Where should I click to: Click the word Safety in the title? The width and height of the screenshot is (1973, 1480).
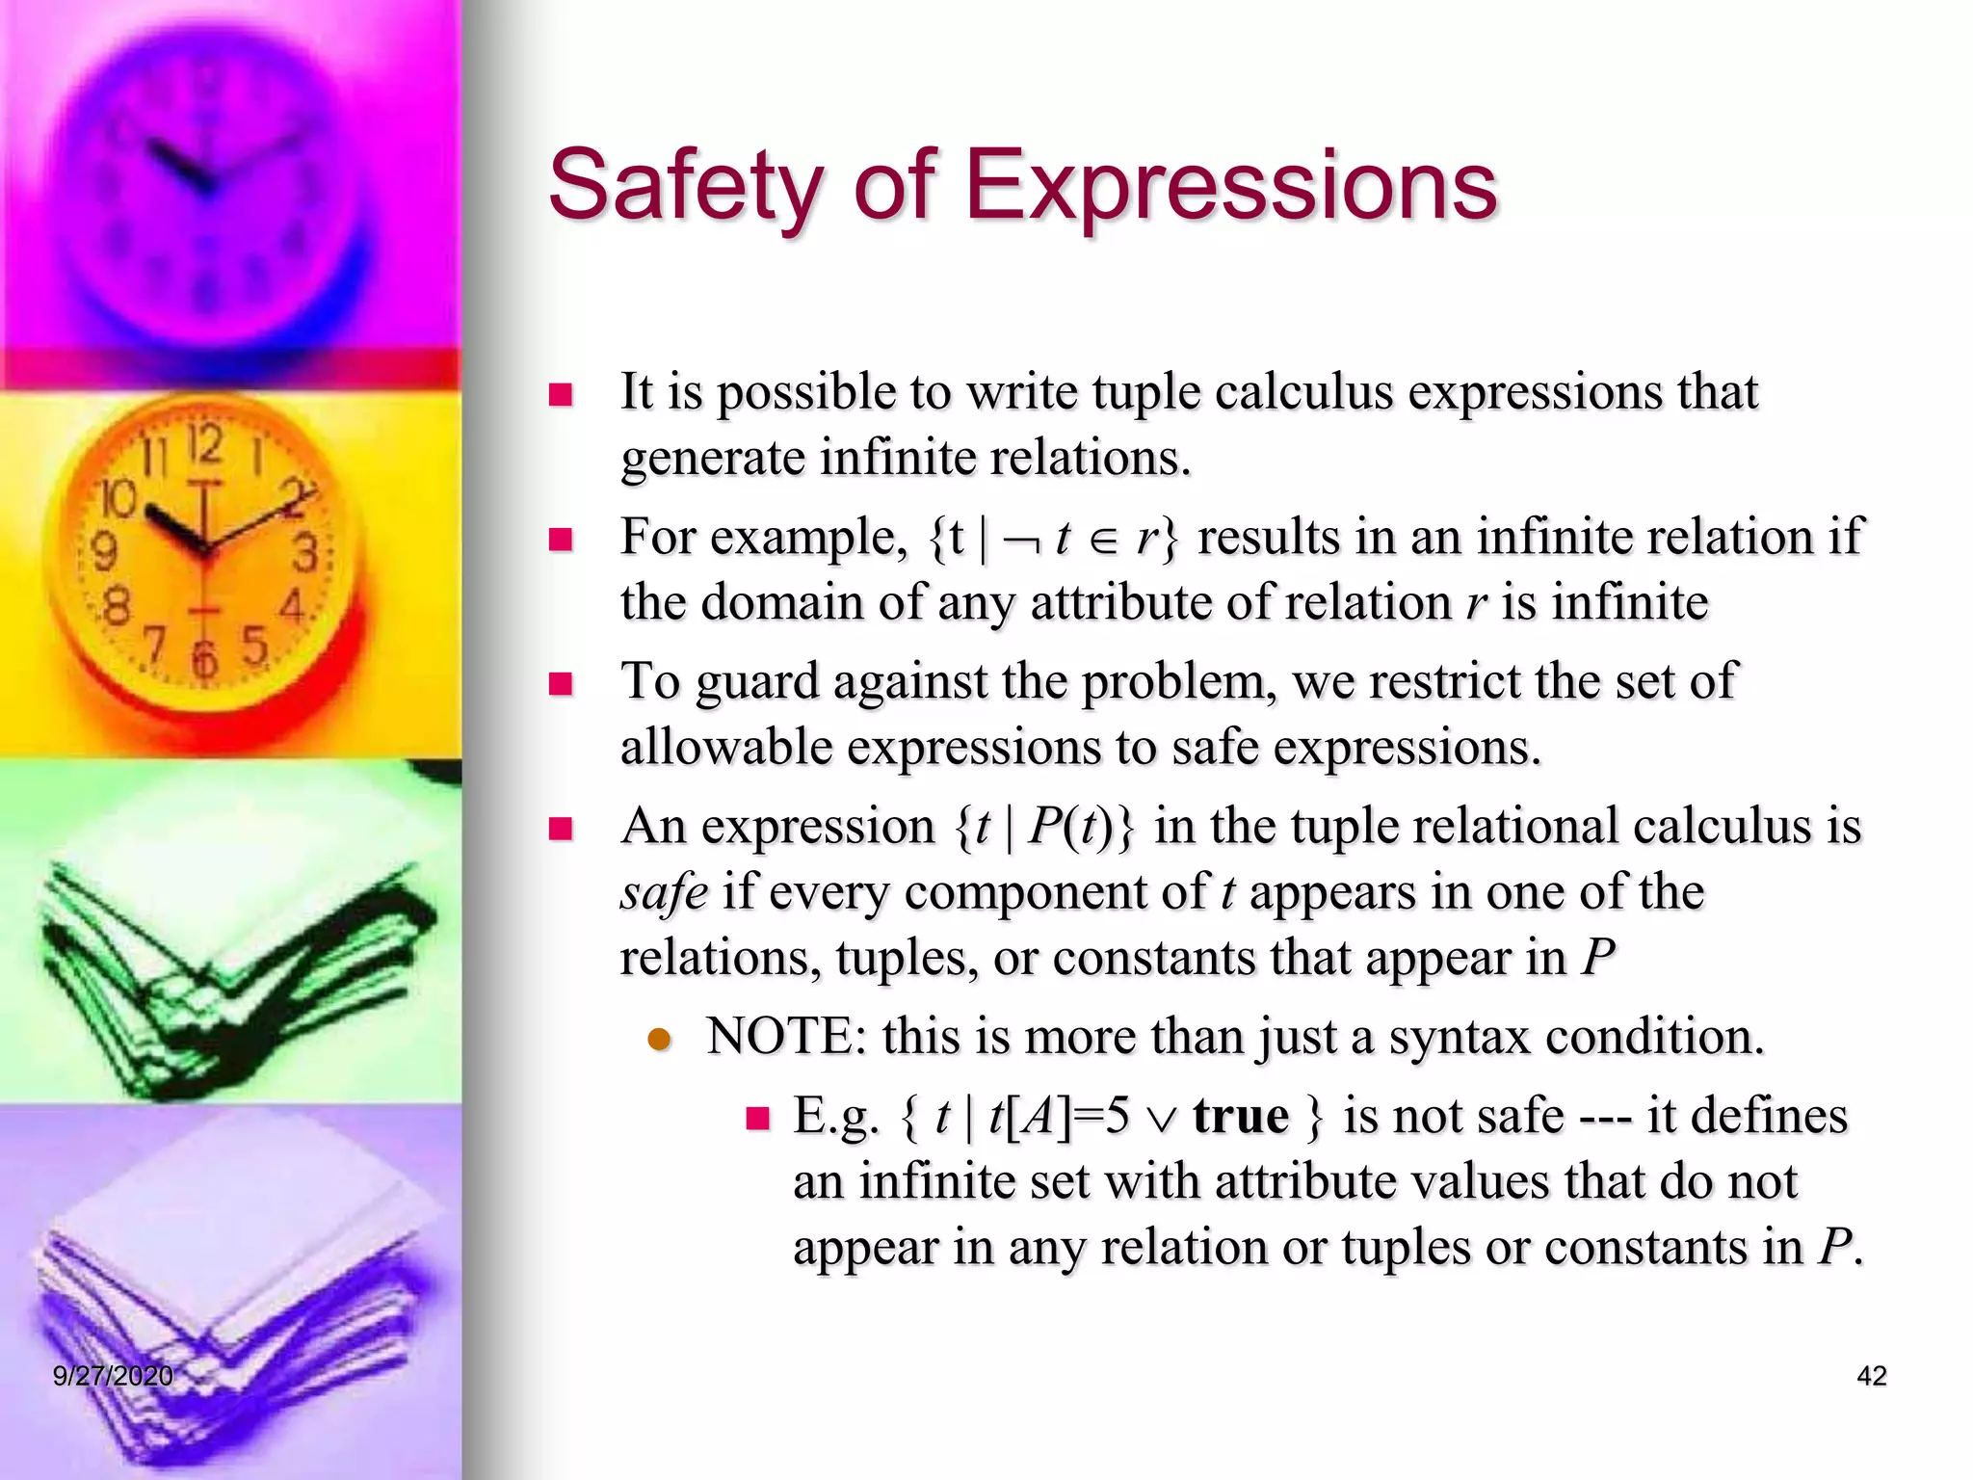(x=685, y=185)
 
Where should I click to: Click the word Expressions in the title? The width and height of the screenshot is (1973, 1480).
(x=1231, y=185)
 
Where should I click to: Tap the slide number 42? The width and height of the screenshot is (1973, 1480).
(x=1871, y=1376)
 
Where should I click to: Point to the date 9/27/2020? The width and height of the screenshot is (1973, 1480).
(x=113, y=1376)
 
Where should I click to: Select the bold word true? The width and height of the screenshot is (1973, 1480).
(x=1240, y=1117)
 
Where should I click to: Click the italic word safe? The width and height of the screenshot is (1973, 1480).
(x=664, y=892)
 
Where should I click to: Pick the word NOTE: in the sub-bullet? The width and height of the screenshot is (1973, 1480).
(x=786, y=1038)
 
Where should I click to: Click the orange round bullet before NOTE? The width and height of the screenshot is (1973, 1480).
(x=659, y=1040)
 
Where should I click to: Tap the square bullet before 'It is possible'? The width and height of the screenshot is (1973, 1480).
(x=560, y=394)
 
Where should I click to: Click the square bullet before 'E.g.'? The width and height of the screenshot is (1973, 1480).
(x=758, y=1118)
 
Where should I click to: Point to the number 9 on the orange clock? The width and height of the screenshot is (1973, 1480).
(x=104, y=552)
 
